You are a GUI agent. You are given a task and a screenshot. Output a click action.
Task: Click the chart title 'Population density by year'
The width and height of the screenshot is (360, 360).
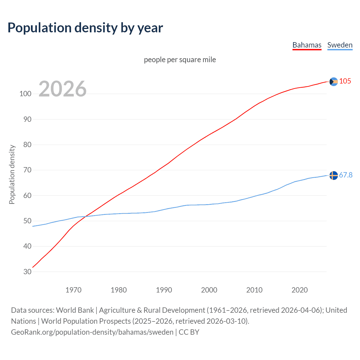pyautogui.click(x=85, y=28)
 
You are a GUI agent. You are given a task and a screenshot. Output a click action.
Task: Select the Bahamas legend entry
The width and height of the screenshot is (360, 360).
pyautogui.click(x=307, y=45)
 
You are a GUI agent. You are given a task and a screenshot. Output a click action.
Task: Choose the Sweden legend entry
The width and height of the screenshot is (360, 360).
pyautogui.click(x=340, y=45)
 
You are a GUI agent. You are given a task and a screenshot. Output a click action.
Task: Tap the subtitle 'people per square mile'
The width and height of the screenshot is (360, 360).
pyautogui.click(x=180, y=60)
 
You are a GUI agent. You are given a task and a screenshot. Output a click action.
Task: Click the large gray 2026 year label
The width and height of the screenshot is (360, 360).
pyautogui.click(x=62, y=89)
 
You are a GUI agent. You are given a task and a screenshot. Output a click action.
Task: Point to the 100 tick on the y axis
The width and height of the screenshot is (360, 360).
pyautogui.click(x=25, y=94)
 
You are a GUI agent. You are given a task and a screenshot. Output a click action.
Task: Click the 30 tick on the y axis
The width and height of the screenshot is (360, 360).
pyautogui.click(x=27, y=272)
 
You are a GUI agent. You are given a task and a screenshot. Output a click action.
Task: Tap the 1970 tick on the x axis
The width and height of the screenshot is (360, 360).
pyautogui.click(x=73, y=290)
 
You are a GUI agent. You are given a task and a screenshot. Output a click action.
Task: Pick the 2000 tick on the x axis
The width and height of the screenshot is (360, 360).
pyautogui.click(x=209, y=290)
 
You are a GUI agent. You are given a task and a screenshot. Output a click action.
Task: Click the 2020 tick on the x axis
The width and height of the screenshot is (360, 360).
pyautogui.click(x=300, y=290)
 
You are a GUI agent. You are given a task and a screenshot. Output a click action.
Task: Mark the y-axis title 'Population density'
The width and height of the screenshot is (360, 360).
pyautogui.click(x=12, y=174)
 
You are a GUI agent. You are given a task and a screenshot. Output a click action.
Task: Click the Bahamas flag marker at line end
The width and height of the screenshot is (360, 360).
pyautogui.click(x=333, y=82)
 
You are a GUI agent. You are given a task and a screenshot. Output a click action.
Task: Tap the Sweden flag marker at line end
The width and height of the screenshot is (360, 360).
pyautogui.click(x=333, y=175)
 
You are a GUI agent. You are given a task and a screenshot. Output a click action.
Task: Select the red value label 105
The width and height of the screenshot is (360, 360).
pyautogui.click(x=345, y=81)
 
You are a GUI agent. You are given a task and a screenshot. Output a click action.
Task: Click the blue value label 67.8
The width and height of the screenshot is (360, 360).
pyautogui.click(x=346, y=175)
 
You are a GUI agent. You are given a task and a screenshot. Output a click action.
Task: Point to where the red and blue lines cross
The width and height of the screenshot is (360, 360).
pyautogui.click(x=85, y=216)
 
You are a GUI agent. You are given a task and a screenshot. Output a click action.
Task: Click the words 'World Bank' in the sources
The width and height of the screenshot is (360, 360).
pyautogui.click(x=75, y=310)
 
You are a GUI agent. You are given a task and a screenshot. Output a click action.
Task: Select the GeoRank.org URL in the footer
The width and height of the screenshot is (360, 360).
pyautogui.click(x=92, y=332)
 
